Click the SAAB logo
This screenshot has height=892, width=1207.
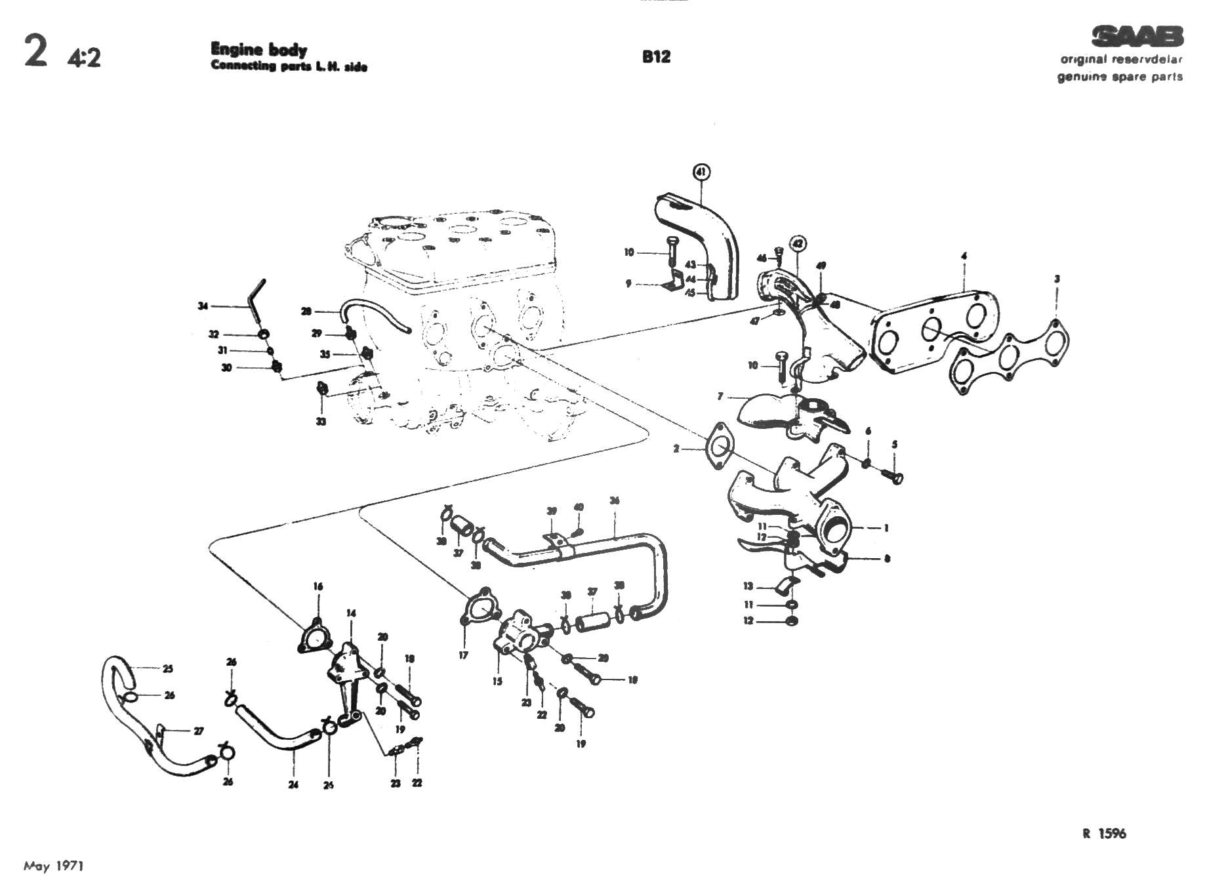click(1137, 36)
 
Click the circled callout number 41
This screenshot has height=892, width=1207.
click(701, 172)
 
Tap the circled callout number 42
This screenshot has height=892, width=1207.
click(797, 243)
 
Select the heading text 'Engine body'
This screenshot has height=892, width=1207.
click(258, 49)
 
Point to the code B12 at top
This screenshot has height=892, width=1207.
click(656, 56)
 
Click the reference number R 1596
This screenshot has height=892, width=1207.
click(1104, 833)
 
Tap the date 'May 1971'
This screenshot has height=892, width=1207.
click(54, 866)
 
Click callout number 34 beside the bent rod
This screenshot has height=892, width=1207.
click(203, 306)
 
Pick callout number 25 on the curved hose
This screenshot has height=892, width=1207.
click(168, 669)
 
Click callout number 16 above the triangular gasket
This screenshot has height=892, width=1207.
click(318, 586)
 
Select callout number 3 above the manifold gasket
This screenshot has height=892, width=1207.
click(1057, 279)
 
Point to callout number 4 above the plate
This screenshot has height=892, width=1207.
click(964, 256)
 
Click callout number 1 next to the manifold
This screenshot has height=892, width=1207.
click(886, 527)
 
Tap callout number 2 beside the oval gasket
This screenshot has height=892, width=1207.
click(676, 449)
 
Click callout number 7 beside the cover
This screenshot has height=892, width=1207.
click(720, 396)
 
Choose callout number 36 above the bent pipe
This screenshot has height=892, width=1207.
click(614, 501)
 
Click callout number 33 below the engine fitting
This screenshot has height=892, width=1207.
click(321, 422)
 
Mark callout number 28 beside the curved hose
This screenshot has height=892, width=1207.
click(306, 311)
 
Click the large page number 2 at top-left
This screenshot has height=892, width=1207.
click(36, 52)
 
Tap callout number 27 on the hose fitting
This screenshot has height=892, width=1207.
click(198, 731)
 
